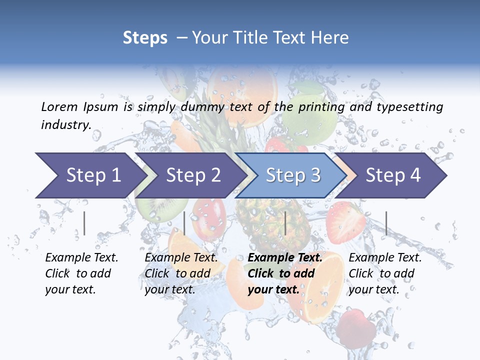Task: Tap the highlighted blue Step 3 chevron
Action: pos(292,175)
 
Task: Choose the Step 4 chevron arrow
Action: pos(392,175)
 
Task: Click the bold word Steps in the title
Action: pos(145,38)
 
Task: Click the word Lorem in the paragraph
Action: pos(59,106)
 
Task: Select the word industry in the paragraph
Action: pos(66,125)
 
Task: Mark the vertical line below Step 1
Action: pos(84,223)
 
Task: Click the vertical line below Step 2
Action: pos(184,223)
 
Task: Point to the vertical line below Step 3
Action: pos(285,223)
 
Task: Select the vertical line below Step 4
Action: pos(386,223)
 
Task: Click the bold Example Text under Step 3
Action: pos(285,258)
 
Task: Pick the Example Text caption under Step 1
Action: pos(81,258)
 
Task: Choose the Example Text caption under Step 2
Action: pos(181,258)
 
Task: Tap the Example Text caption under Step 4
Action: pos(385,258)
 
